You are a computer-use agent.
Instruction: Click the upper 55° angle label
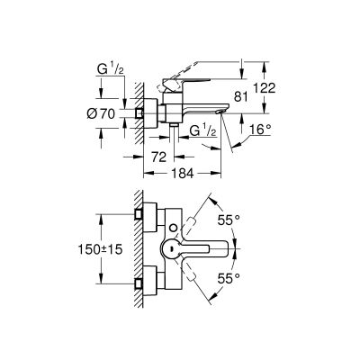[x=236, y=219]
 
